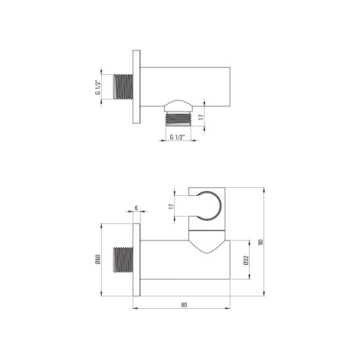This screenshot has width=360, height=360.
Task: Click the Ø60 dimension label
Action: [98, 262]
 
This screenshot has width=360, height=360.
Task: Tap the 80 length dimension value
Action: [183, 304]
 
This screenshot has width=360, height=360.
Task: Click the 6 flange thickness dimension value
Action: [136, 208]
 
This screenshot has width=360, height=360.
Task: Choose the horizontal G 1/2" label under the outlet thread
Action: [176, 137]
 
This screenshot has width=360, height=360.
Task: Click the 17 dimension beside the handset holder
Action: [171, 206]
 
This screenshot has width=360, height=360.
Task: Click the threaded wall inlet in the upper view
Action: [122, 87]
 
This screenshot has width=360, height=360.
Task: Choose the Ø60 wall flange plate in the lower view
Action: [137, 260]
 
